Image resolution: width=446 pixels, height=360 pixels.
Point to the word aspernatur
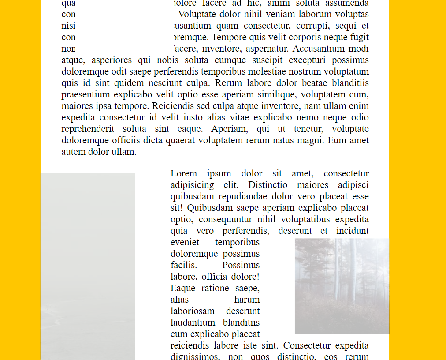(x=267, y=49)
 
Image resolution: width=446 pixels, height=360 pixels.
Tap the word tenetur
(x=307, y=129)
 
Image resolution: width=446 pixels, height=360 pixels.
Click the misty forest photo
(x=342, y=286)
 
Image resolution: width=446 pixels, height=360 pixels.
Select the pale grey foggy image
(x=88, y=265)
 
